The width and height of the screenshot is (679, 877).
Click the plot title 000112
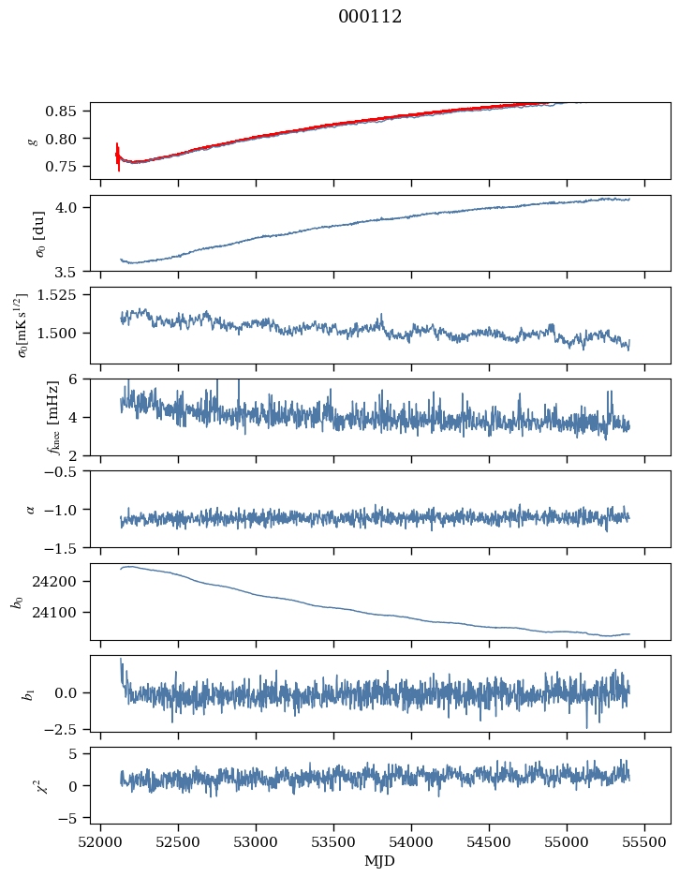pos(370,17)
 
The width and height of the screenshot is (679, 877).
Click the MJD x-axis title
pos(380,861)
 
